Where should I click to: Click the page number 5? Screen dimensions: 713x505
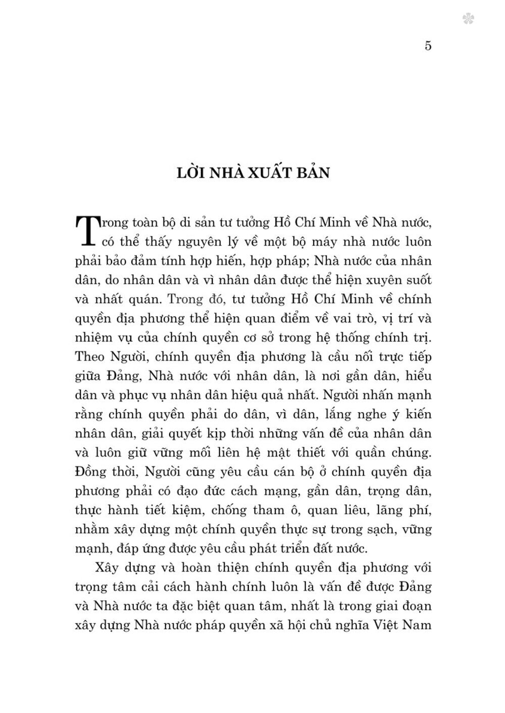(x=428, y=46)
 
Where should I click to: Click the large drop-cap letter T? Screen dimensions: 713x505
(x=88, y=231)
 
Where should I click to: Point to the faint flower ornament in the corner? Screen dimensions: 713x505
(x=468, y=19)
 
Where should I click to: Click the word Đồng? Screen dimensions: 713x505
(x=91, y=472)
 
